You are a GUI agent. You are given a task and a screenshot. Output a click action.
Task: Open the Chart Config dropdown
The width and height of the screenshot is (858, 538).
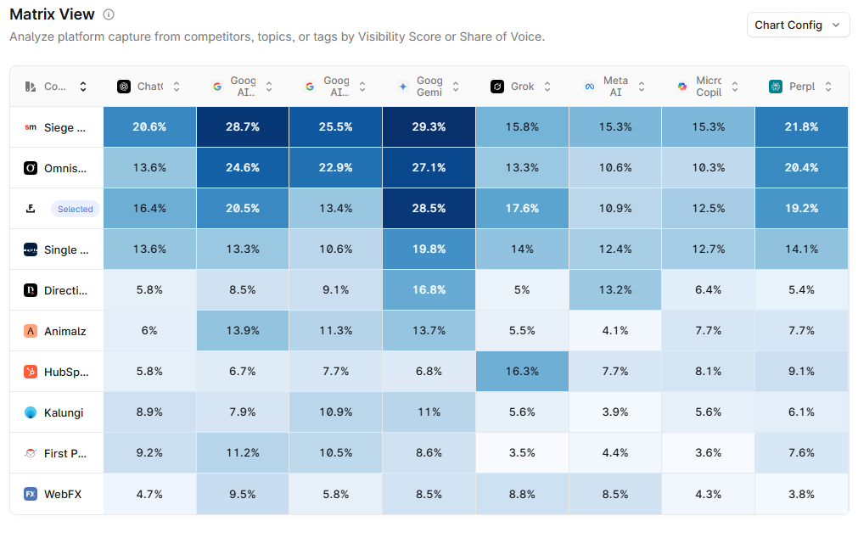click(798, 25)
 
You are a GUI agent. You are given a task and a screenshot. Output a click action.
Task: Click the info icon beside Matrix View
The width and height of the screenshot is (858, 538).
click(108, 15)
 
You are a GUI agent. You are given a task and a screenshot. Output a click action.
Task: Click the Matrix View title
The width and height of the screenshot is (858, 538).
click(52, 15)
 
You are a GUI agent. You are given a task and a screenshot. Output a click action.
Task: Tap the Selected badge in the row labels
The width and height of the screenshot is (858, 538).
click(75, 209)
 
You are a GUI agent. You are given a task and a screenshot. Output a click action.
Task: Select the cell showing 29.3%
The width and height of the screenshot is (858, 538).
click(429, 126)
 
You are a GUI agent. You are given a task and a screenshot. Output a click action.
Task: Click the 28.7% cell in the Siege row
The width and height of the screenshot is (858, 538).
click(242, 126)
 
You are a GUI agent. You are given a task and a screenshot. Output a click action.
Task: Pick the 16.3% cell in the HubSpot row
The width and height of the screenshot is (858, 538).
click(522, 371)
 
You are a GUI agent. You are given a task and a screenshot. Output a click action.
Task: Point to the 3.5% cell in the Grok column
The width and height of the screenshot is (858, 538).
click(522, 452)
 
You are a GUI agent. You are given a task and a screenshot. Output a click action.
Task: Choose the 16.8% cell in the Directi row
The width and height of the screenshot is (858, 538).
click(429, 289)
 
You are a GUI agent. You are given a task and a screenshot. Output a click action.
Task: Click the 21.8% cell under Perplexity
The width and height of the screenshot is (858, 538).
click(801, 126)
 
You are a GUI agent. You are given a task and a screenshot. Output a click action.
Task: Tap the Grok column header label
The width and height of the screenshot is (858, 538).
click(523, 87)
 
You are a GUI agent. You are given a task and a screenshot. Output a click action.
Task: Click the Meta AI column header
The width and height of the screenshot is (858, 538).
click(615, 87)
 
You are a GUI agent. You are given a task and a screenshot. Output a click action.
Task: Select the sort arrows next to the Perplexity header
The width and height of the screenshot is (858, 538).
click(828, 87)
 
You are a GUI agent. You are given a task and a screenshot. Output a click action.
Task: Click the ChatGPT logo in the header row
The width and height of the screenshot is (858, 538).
click(124, 87)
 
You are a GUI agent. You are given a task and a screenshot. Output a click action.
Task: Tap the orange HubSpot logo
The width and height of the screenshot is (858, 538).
click(31, 372)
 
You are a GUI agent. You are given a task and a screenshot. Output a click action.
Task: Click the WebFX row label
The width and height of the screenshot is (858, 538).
click(62, 494)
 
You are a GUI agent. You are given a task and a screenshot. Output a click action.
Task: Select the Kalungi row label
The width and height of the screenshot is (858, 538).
click(64, 412)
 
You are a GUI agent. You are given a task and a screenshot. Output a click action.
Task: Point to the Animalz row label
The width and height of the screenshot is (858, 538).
click(64, 331)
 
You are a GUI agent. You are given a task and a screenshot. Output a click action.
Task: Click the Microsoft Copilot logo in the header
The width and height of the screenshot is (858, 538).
click(682, 87)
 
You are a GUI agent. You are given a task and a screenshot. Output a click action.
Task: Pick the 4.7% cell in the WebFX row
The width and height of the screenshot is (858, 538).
click(149, 493)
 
